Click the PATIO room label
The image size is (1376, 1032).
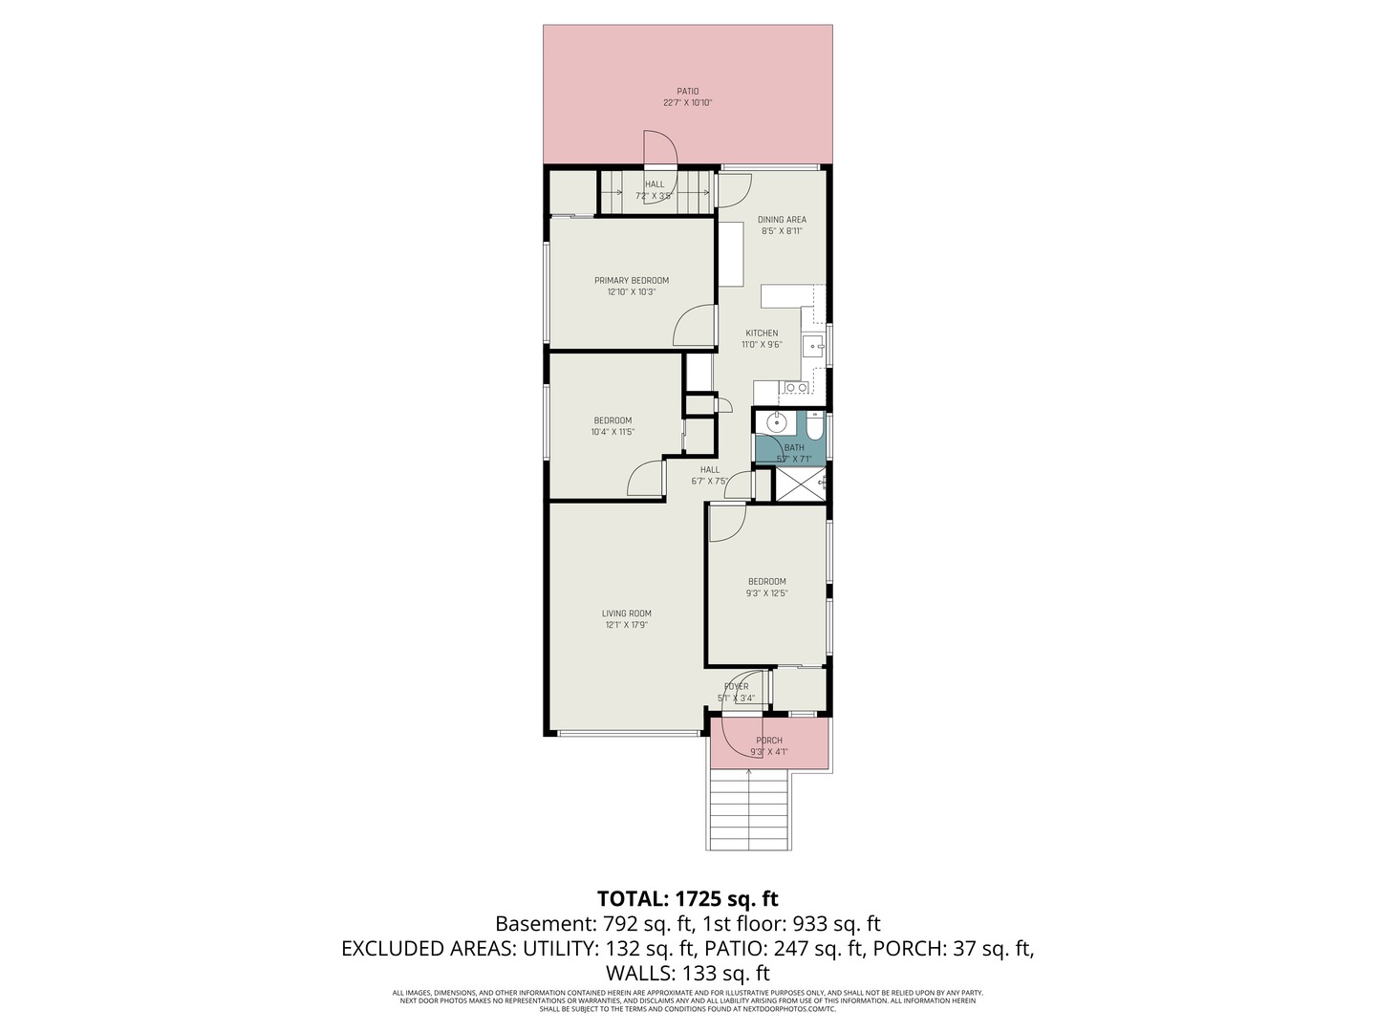(688, 92)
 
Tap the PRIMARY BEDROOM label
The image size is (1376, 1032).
(632, 281)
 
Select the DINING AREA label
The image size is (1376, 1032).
(782, 220)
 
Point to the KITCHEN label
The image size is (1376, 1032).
(762, 333)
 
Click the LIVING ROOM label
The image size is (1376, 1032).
(627, 613)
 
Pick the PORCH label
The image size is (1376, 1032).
(769, 741)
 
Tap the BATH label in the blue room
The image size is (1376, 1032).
(794, 447)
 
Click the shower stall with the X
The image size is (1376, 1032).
(797, 484)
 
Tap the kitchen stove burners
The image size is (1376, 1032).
(795, 387)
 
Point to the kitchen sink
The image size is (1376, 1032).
(815, 346)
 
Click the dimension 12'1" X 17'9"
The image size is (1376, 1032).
(627, 625)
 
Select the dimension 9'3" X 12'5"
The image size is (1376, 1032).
(767, 593)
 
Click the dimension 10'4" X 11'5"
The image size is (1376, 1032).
(613, 432)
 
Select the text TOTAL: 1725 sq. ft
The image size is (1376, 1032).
(687, 898)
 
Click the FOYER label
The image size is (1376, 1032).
(736, 686)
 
